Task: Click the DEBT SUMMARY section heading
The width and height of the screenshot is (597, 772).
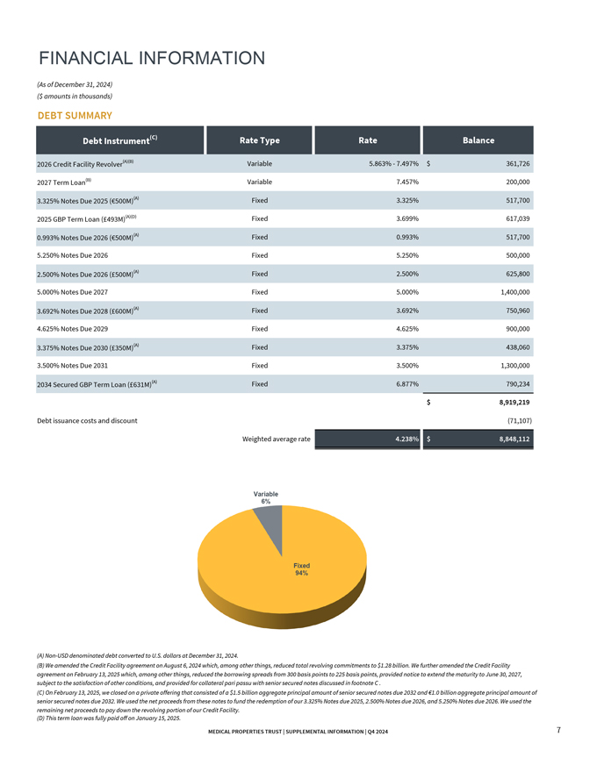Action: point(74,115)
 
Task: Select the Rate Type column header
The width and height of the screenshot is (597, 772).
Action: point(259,140)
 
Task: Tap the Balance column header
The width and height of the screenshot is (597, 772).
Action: point(478,140)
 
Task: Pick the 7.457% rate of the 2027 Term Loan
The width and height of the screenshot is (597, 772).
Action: point(407,182)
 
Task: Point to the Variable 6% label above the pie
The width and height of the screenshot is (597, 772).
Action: point(266,497)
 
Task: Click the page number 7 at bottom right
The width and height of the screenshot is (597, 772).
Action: point(559,731)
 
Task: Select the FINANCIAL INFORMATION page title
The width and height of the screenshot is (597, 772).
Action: point(152,59)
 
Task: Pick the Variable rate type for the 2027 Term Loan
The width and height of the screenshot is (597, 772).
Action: point(259,182)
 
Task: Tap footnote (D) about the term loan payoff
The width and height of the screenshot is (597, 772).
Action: point(108,718)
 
